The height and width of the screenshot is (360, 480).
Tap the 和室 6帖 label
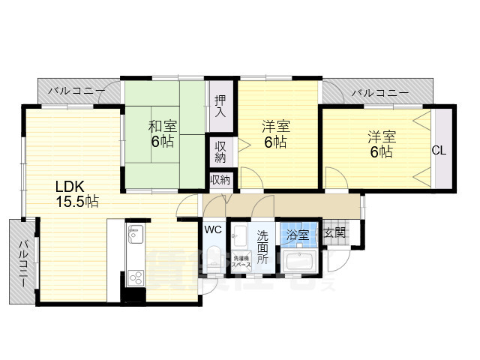coord(163,133)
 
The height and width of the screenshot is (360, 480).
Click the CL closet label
coord(439,150)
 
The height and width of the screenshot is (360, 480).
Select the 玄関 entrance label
coord(335,233)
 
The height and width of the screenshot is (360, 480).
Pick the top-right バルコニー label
coord(380,93)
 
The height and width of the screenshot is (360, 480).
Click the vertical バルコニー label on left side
coord(23,262)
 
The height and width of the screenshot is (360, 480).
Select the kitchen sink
coord(135,235)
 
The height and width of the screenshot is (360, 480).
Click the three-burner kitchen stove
coord(135,276)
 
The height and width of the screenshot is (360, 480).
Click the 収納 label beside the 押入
coord(220,151)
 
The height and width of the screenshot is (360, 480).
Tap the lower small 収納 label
coord(220,180)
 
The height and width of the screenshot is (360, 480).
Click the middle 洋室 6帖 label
coord(275,133)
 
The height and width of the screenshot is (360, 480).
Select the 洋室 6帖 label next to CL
coord(380,144)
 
